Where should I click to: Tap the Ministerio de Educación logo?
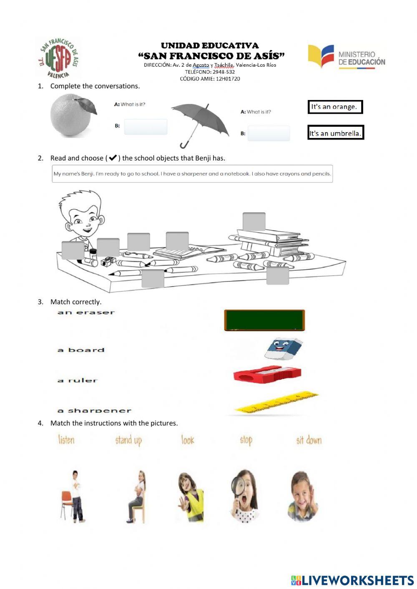(347, 57)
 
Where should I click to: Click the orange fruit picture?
(72, 115)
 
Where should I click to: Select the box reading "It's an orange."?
(335, 107)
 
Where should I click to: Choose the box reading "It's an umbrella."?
(335, 133)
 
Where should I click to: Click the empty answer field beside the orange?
(146, 127)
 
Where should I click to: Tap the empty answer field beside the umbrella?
(269, 133)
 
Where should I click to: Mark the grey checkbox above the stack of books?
(254, 222)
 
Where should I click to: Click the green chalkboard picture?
(264, 320)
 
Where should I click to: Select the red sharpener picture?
(267, 374)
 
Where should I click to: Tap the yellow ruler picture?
(275, 403)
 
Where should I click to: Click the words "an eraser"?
(86, 312)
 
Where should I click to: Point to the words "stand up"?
(128, 440)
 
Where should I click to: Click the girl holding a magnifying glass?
(244, 496)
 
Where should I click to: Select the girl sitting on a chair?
(138, 497)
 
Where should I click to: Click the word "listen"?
(66, 439)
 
